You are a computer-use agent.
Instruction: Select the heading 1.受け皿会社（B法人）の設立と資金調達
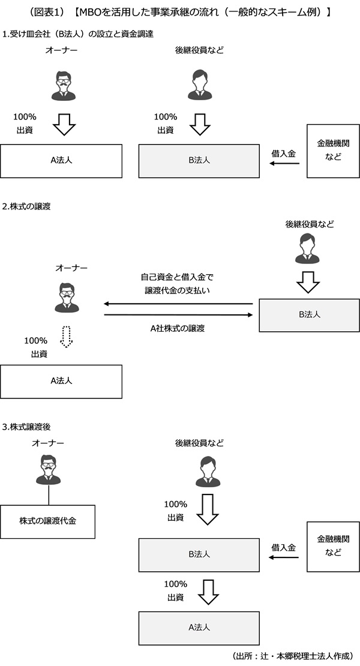(x=78, y=34)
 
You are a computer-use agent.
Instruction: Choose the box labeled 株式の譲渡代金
(x=47, y=521)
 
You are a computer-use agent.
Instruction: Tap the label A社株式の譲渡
(x=178, y=328)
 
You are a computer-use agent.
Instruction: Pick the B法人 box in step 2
(x=309, y=314)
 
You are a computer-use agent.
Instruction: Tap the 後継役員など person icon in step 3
(x=208, y=470)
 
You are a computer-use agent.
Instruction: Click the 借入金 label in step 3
(x=283, y=547)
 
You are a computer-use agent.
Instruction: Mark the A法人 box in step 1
(x=61, y=160)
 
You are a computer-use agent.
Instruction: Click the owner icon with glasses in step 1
(x=62, y=85)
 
